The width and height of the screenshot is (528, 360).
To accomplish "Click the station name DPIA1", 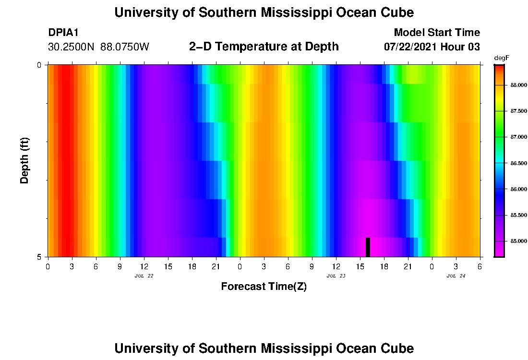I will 63,33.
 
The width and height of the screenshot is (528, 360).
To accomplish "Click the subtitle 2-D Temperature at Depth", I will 264,47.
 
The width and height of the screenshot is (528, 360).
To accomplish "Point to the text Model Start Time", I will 436,33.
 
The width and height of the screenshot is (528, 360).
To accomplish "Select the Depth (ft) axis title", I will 25,160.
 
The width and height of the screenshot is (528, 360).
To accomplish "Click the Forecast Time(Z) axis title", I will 264,287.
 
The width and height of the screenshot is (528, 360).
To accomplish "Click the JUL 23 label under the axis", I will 336,276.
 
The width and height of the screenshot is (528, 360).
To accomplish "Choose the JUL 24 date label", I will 456,276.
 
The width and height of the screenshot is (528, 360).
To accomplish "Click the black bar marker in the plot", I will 368,247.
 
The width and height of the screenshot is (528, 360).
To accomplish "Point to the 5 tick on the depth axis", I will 39,257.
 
